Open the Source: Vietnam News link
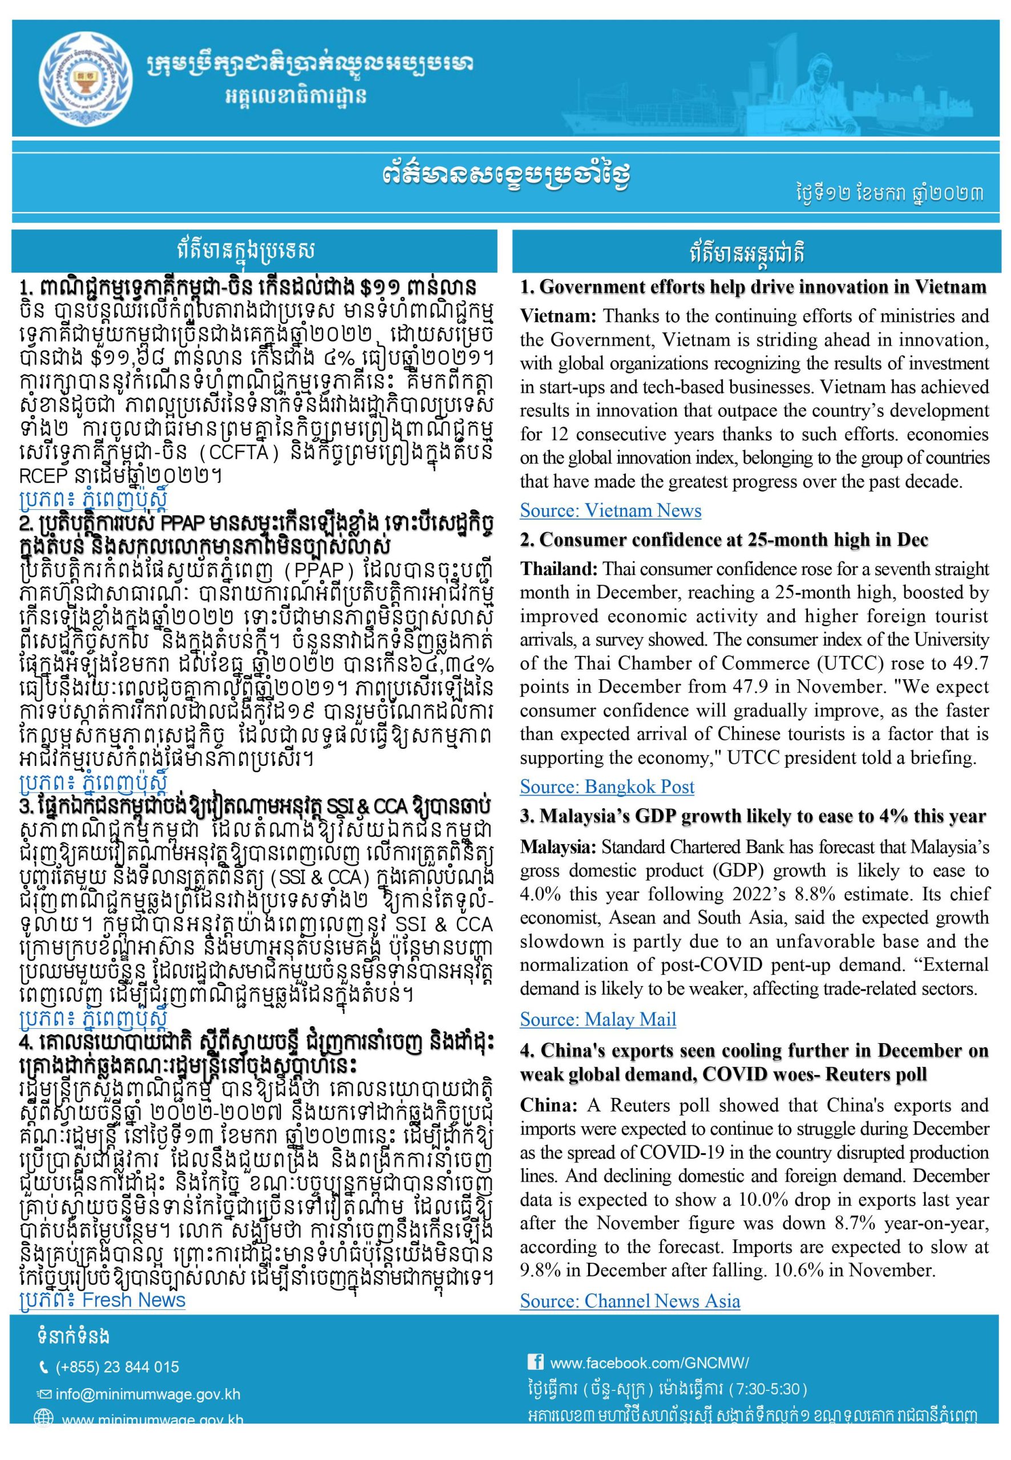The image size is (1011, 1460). (610, 510)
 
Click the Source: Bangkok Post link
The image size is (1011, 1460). (607, 786)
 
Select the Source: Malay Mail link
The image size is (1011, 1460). (597, 1019)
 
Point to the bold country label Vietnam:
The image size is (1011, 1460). (557, 316)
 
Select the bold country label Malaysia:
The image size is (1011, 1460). (557, 846)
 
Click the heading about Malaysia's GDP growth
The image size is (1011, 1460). (753, 817)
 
